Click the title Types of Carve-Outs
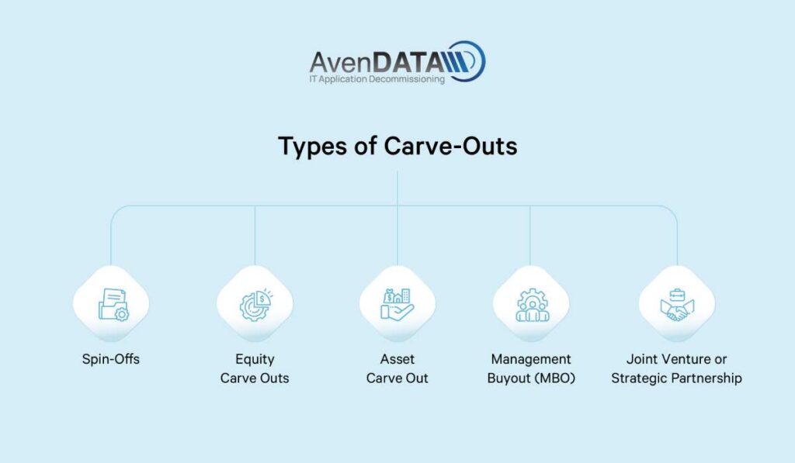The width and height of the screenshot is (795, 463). pos(397,146)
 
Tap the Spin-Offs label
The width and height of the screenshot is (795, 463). pos(110,360)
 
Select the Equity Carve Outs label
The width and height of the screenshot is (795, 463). pos(255,369)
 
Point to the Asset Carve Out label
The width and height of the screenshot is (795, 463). pos(397,369)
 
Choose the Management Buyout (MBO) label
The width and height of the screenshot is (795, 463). pos(531,369)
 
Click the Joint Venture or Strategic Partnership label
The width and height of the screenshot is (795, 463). pos(676,369)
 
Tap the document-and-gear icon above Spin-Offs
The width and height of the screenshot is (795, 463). pos(111,304)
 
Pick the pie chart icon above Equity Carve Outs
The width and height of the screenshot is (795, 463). pos(255,304)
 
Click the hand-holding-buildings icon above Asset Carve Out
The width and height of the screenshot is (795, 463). pos(397,304)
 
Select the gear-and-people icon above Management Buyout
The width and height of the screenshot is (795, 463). pos(532,304)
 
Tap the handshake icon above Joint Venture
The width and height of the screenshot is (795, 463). pos(676,304)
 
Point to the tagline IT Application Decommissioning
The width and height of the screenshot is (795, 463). pos(377,79)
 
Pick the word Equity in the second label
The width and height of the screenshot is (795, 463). pos(255,360)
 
